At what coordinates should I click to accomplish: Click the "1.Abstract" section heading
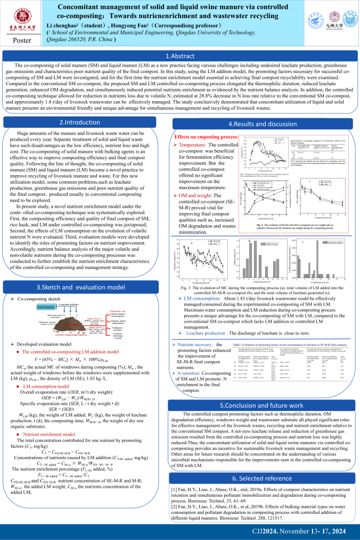[x=179, y=56]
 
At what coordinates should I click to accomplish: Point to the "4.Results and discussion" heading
[x=270, y=124]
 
